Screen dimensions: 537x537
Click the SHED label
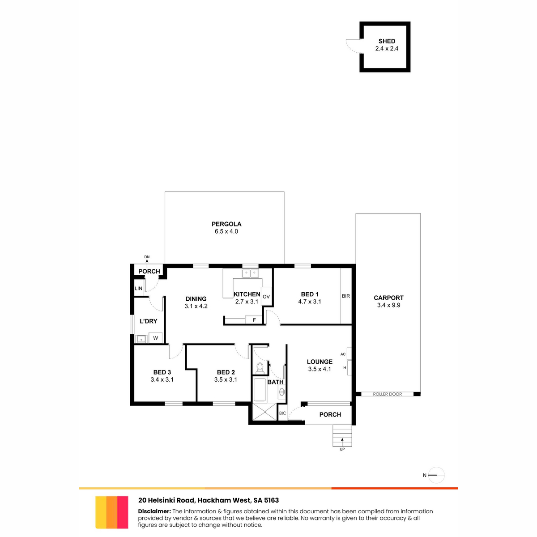[x=387, y=41]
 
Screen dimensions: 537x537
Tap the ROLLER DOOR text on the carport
[x=388, y=394]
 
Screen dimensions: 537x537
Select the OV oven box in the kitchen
[x=266, y=297]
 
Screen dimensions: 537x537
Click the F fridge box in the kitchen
[x=254, y=320]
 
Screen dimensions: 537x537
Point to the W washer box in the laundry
[x=155, y=338]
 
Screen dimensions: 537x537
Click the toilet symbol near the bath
[x=260, y=368]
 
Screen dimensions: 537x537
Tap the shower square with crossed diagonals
[x=264, y=412]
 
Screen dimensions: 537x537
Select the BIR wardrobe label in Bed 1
[x=346, y=296]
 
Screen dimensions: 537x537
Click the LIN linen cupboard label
[x=138, y=289]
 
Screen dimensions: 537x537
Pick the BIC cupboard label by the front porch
[x=282, y=413]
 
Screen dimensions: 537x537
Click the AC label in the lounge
[x=343, y=354]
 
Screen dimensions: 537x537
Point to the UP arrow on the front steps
[x=342, y=440]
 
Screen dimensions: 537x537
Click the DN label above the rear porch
[x=147, y=257]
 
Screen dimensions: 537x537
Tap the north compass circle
[x=436, y=475]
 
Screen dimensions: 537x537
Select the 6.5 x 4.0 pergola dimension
[x=226, y=231]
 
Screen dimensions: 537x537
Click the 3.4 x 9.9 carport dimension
[x=389, y=305]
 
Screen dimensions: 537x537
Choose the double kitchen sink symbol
[x=250, y=274]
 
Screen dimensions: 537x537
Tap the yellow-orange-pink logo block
[x=112, y=512]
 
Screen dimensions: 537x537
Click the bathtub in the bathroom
[x=260, y=390]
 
